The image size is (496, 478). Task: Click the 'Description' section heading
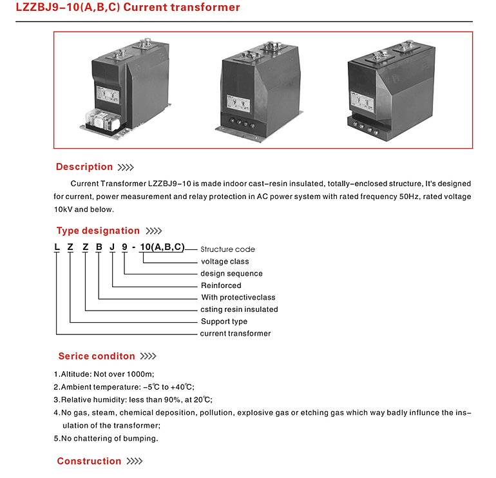84,167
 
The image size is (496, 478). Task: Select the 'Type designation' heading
98,231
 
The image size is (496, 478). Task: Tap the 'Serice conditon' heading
97,356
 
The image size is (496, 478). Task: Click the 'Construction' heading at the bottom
89,461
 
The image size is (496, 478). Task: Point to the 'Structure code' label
228,249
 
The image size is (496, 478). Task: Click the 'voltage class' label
225,262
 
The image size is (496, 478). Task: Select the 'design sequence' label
231,274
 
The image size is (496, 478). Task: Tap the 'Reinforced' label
221,285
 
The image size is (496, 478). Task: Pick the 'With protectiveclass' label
238,298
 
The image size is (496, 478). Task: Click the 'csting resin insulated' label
239,309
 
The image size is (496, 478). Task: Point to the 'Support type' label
224,321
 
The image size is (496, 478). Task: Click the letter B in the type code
99,247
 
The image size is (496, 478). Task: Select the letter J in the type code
112,247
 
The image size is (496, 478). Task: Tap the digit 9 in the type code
124,247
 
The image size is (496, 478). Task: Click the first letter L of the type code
57,247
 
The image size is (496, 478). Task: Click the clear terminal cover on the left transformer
103,120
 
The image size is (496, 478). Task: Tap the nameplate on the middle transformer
238,103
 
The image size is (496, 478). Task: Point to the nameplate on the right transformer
363,102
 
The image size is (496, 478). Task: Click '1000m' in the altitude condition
140,374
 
